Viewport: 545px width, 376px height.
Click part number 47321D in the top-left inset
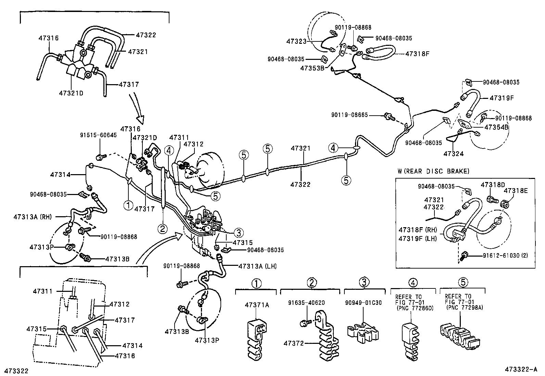71,93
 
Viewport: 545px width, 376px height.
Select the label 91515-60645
98,135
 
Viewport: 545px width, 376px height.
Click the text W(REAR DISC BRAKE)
434,171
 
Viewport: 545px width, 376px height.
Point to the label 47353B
312,67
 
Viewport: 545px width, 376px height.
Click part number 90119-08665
349,115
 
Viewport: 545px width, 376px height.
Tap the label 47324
454,154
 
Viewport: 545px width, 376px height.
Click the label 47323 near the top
296,41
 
